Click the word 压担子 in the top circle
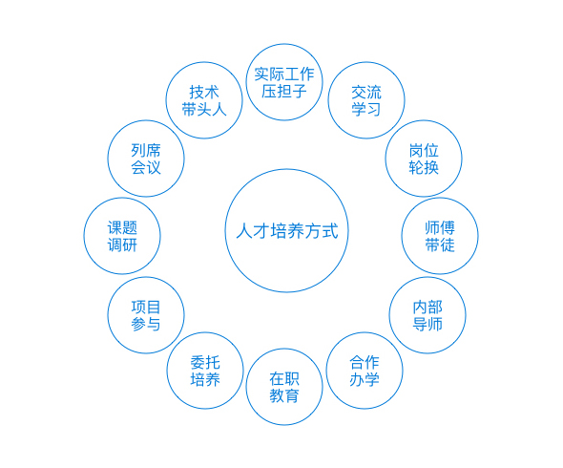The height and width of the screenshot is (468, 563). [x=284, y=92]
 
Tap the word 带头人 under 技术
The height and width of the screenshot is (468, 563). [x=204, y=109]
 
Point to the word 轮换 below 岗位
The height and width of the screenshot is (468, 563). [x=424, y=167]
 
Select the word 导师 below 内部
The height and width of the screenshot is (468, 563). [x=427, y=324]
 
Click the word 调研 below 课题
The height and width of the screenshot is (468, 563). [x=122, y=245]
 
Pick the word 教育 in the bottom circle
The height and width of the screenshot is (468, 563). [x=284, y=395]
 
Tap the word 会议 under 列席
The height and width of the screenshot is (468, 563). [x=146, y=167]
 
